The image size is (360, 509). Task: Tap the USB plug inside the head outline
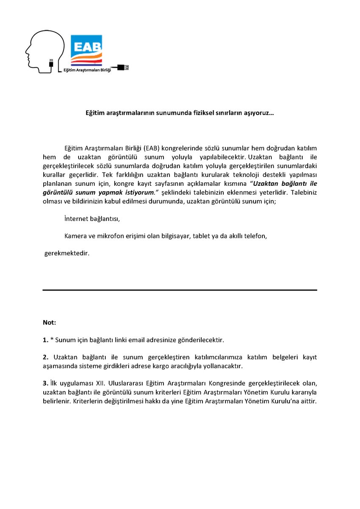point(51,63)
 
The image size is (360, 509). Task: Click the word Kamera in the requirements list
point(75,236)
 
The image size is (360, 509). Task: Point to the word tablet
point(201,236)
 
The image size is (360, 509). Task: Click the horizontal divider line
point(180,290)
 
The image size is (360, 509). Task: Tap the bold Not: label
point(49,322)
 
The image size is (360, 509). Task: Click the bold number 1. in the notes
point(45,340)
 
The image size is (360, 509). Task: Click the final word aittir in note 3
point(308,401)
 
